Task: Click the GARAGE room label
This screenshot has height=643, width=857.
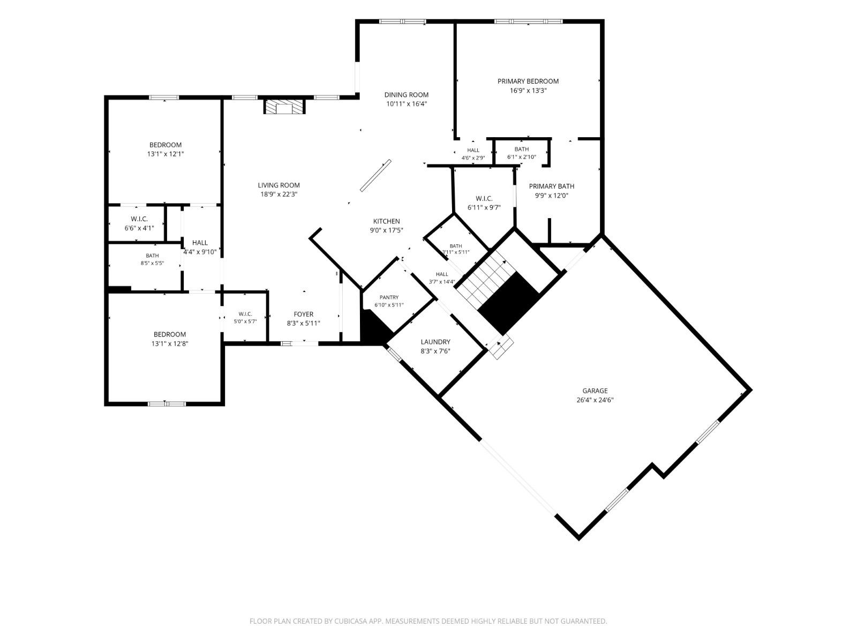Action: (x=595, y=391)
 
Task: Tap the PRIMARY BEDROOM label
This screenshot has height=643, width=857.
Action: (x=528, y=81)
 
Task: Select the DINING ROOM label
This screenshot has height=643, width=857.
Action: (x=406, y=94)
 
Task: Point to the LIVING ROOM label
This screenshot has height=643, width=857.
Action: (x=279, y=185)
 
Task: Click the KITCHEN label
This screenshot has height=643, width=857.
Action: (x=387, y=221)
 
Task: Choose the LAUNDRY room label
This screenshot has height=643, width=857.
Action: (x=435, y=342)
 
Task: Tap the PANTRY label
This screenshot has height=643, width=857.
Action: (x=389, y=297)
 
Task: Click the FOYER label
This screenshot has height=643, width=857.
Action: (x=303, y=315)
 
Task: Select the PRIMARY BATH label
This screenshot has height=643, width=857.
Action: (x=551, y=186)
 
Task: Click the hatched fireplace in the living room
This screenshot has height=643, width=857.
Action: (x=284, y=106)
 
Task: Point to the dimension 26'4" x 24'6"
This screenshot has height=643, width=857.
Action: (x=595, y=400)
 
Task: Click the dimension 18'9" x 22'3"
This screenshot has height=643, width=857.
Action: (x=279, y=195)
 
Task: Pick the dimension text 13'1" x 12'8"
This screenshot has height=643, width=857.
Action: (x=170, y=343)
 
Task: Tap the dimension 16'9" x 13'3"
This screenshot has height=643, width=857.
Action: (x=528, y=91)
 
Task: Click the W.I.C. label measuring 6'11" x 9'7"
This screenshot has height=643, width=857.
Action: (x=484, y=198)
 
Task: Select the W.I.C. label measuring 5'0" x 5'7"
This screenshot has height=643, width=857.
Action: (x=245, y=314)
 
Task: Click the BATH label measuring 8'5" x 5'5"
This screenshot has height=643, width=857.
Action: (x=152, y=256)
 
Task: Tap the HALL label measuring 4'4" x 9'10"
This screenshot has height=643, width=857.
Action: (x=200, y=243)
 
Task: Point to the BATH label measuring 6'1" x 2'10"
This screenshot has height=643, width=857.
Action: (x=522, y=149)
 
